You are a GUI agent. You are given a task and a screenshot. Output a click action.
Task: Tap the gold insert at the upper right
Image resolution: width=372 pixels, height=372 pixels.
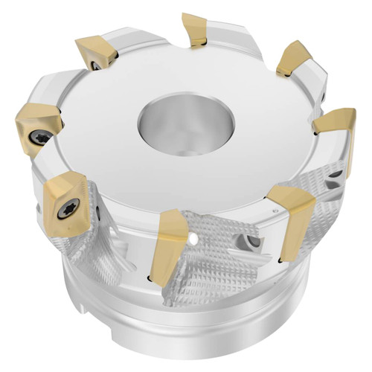pyautogui.click(x=295, y=59)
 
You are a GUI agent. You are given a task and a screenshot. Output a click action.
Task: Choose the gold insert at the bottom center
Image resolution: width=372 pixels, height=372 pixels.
pyautogui.click(x=169, y=243)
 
